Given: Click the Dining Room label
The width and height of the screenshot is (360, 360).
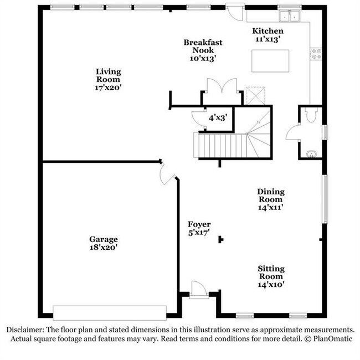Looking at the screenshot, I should [x=270, y=196].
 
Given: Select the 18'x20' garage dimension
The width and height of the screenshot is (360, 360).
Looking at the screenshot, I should [x=104, y=248].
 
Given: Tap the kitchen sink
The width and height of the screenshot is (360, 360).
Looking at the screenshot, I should [x=289, y=16].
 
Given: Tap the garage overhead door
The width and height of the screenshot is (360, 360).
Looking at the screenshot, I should [x=110, y=313].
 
